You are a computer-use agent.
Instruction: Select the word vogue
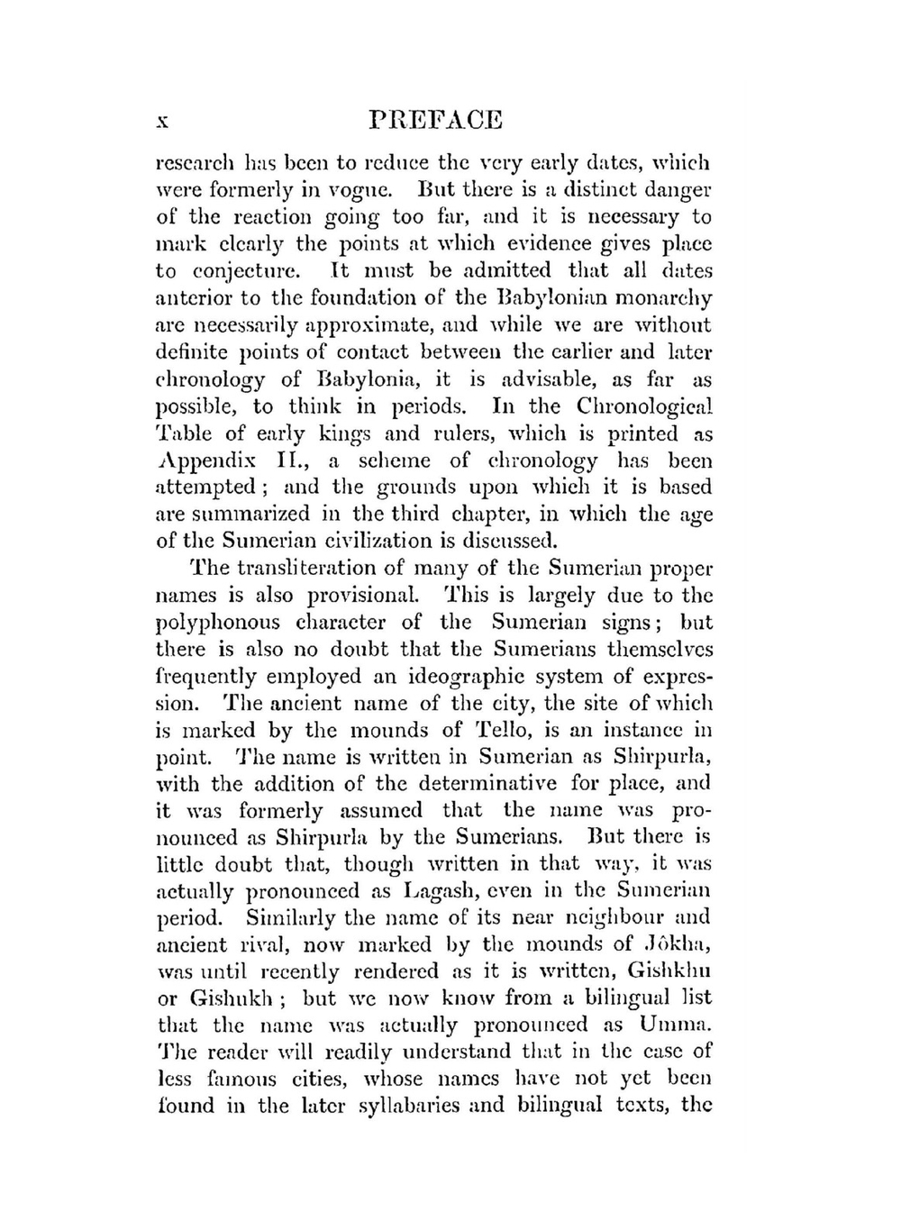click(x=354, y=190)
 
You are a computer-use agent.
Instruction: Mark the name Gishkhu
click(x=667, y=971)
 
